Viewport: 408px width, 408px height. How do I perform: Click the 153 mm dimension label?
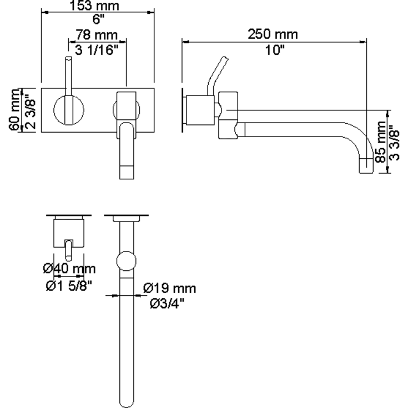98,6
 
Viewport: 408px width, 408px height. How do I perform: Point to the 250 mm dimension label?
273,34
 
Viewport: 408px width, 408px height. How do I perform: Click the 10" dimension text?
273,51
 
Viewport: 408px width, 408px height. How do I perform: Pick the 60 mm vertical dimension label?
13,110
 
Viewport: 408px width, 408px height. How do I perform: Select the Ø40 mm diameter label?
69,269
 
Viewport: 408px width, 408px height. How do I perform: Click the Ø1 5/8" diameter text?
68,286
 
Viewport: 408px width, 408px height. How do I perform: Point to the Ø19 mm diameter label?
169,289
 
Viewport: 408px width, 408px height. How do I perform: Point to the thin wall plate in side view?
183,108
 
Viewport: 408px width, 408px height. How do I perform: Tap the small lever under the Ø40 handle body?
69,249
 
